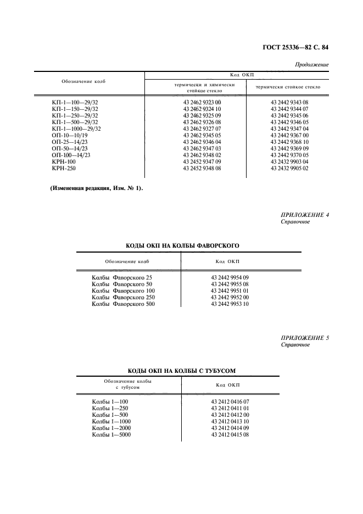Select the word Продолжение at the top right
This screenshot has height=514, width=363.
coord(312,65)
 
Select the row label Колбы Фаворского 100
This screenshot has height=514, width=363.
coord(123,290)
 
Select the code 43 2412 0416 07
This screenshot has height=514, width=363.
coord(230,401)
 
